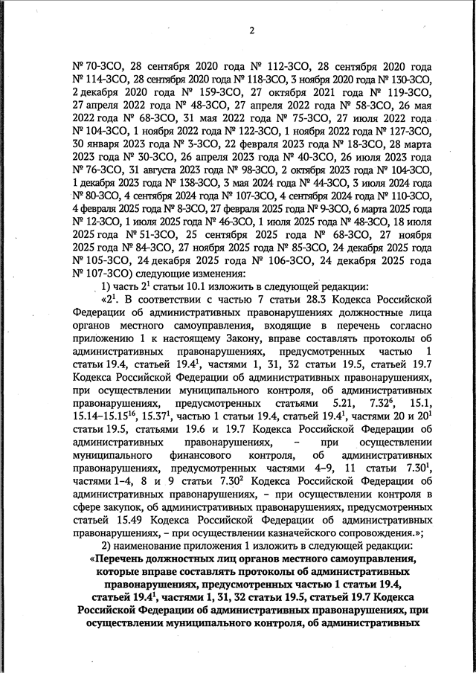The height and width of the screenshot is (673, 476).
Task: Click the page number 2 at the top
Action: click(252, 30)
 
